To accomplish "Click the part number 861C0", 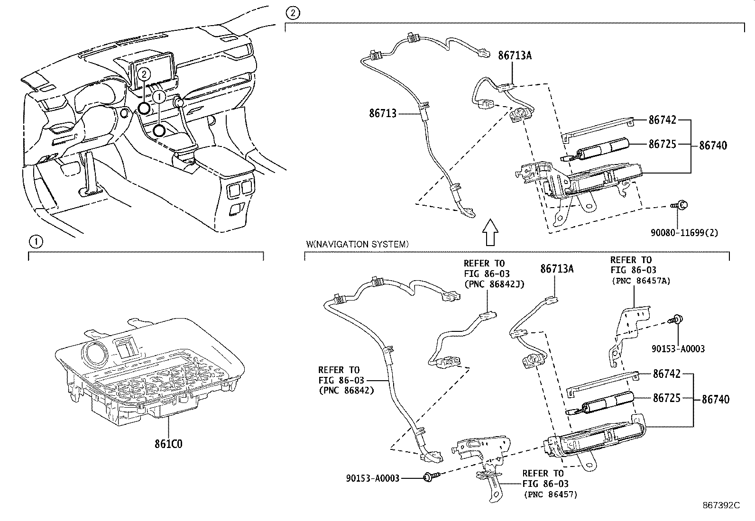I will coord(168,444).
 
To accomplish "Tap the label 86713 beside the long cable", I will coord(382,113).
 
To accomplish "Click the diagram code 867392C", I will coord(721,505).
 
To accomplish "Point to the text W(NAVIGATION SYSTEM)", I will coord(357,245).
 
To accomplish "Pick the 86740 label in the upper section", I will coord(713,145).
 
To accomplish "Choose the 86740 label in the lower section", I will coord(715,399).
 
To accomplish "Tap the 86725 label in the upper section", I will coord(663,144).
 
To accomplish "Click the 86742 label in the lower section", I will coord(666,374).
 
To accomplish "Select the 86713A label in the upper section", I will coord(515,55).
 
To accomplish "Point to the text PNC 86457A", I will coord(641,281).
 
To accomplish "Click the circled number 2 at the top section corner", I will coord(293,12).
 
